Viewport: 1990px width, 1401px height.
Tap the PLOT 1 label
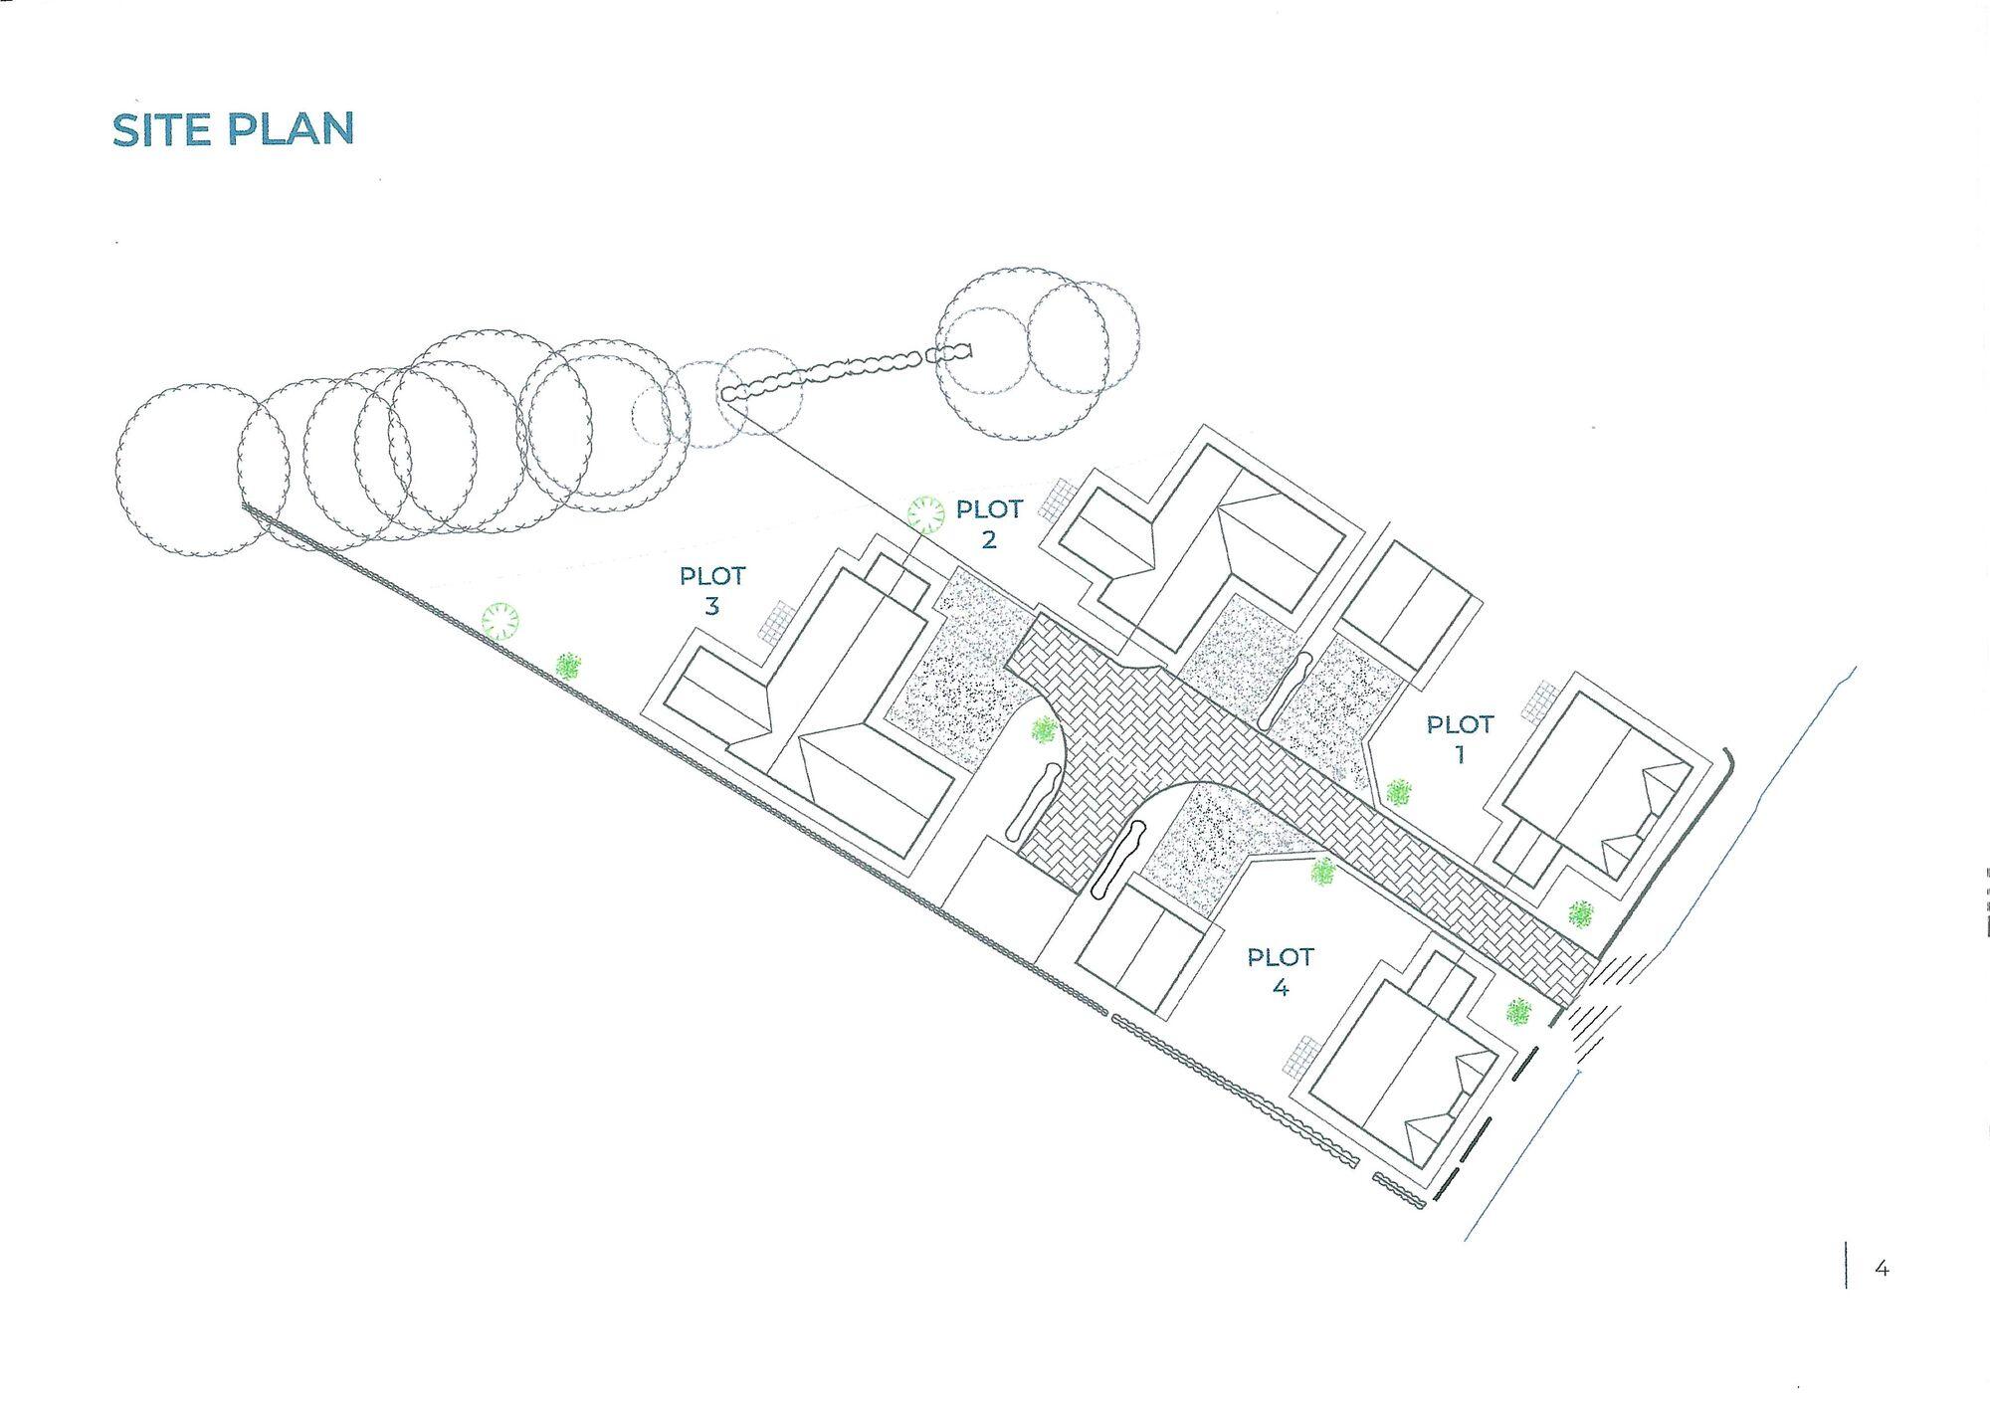(1460, 738)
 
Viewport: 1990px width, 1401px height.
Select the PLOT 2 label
(989, 523)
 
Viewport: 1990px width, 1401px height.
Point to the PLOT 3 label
(712, 590)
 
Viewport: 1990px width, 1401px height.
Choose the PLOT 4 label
(1281, 971)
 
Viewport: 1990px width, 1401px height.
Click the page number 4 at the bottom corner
(1882, 1269)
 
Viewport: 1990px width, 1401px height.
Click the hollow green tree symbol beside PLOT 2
(925, 514)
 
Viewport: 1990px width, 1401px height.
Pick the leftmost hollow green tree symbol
(499, 620)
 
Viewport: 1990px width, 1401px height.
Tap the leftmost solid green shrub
(567, 666)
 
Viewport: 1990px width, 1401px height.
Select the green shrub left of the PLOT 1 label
(1399, 792)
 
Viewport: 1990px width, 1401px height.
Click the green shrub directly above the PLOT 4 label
(1322, 873)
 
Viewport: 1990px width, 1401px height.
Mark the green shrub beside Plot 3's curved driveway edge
(1043, 730)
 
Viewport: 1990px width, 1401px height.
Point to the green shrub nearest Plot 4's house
(1518, 1012)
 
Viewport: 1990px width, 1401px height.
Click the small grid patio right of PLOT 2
(1057, 499)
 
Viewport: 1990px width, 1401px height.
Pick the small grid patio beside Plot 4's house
(1299, 1055)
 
